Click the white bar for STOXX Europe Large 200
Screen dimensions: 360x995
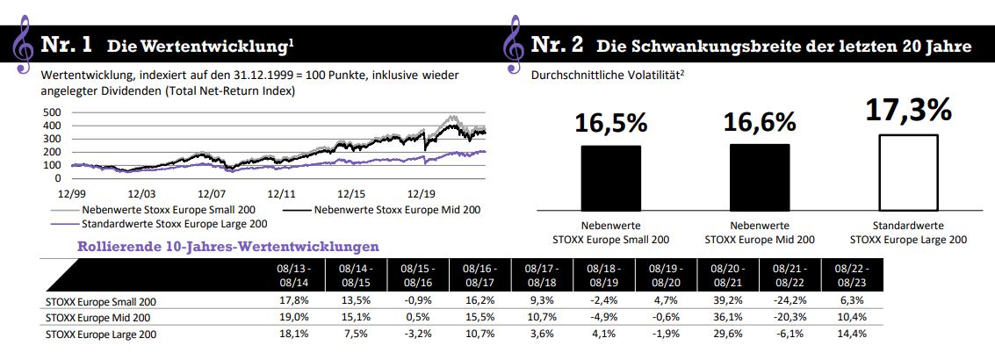[x=907, y=174]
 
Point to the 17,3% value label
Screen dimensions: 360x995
[x=908, y=110]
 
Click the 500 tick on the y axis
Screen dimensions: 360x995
[x=52, y=112]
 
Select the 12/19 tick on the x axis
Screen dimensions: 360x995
[x=422, y=192]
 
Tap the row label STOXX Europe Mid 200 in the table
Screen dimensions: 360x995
[x=97, y=317]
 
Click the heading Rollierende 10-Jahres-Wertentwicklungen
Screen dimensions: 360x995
[x=228, y=247]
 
